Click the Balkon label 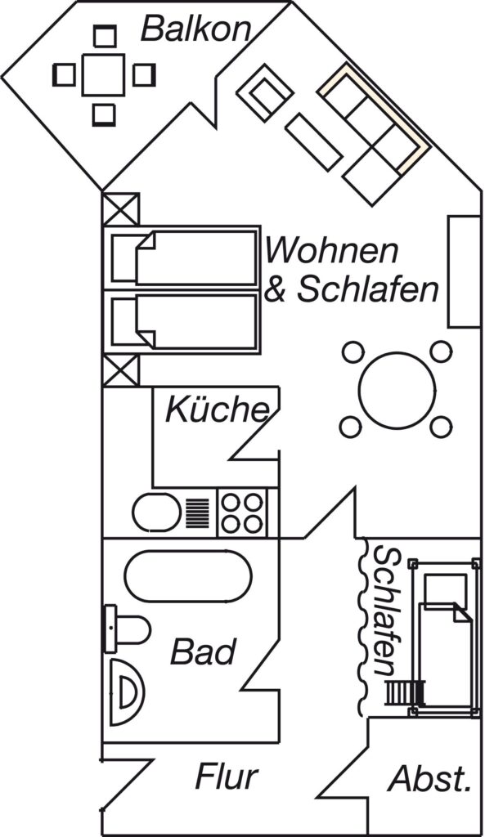(x=195, y=29)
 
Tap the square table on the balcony (x=103, y=74)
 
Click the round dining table (x=397, y=390)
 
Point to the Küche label (x=218, y=410)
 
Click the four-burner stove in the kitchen (x=242, y=512)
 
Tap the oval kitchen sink (x=156, y=512)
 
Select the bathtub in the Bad (x=187, y=575)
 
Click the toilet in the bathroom (x=127, y=629)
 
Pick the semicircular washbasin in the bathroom (x=126, y=692)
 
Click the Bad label (x=203, y=651)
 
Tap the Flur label (x=227, y=777)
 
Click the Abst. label (x=430, y=779)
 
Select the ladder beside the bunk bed (x=406, y=693)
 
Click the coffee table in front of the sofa (x=313, y=142)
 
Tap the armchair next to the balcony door (x=265, y=92)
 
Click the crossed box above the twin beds (x=121, y=209)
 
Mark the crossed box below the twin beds (x=121, y=370)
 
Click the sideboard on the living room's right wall (x=465, y=271)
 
